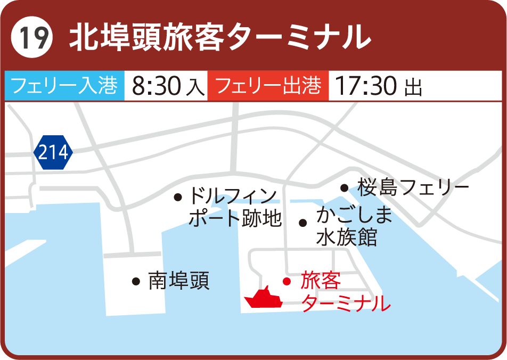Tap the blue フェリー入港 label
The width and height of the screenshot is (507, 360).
click(x=64, y=86)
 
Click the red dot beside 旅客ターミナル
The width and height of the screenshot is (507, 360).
click(x=287, y=281)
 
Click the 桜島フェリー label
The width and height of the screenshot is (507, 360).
click(x=413, y=187)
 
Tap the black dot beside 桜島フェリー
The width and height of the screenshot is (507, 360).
click(x=344, y=187)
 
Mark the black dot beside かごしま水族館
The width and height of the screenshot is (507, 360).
click(x=302, y=223)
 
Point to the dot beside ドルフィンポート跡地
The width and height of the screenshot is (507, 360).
click(x=178, y=197)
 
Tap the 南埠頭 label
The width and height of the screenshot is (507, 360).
click(x=179, y=280)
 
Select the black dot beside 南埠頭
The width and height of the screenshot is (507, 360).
click(x=136, y=281)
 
